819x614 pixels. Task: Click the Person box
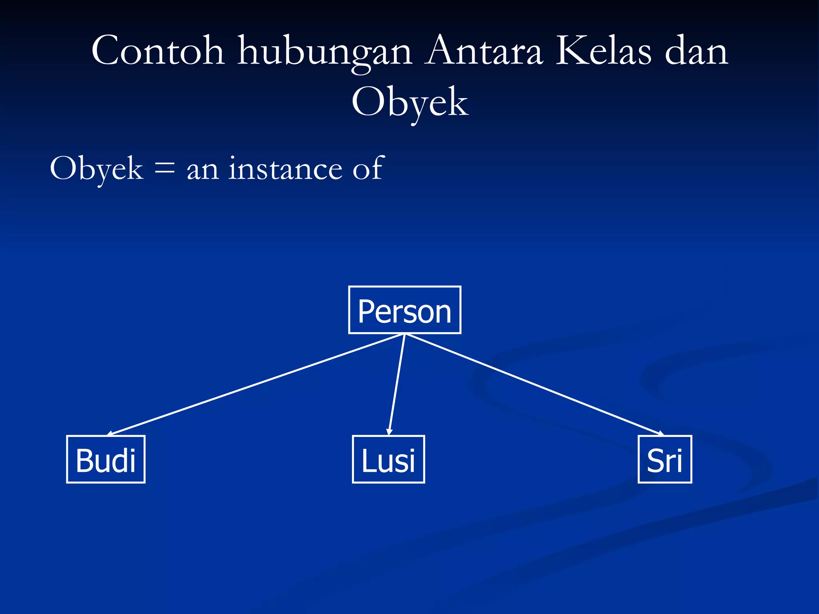(405, 310)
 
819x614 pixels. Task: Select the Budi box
(106, 459)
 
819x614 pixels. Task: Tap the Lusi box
(388, 459)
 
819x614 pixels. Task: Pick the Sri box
(665, 459)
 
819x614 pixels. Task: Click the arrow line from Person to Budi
(256, 384)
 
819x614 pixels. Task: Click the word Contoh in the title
(158, 51)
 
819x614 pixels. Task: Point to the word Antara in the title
(484, 51)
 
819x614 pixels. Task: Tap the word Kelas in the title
(603, 51)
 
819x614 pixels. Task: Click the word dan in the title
(696, 51)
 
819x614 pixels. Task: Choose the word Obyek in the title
(409, 103)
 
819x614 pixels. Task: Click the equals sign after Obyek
(164, 168)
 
